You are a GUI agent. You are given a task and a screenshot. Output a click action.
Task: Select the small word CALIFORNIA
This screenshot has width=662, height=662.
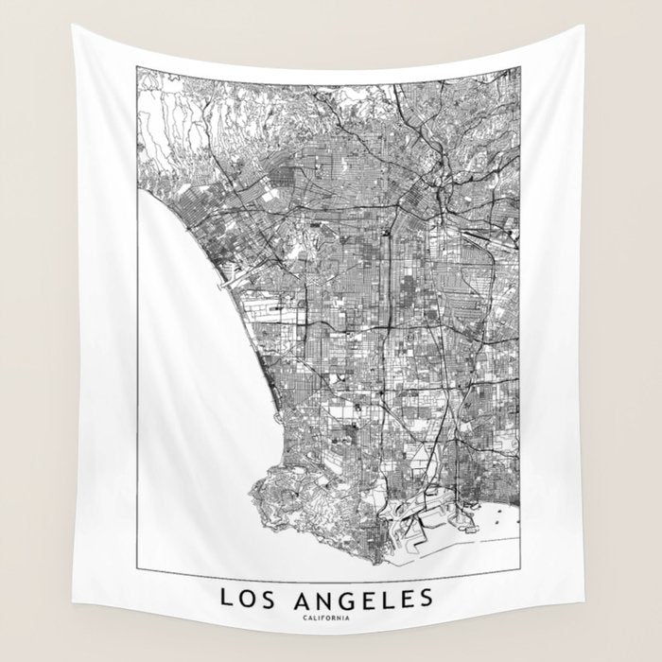pyautogui.click(x=326, y=618)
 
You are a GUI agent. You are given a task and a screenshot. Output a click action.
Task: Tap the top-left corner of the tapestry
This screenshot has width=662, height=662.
pyautogui.click(x=74, y=26)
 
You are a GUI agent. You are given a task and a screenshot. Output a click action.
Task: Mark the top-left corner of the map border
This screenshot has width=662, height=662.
pyautogui.click(x=137, y=67)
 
